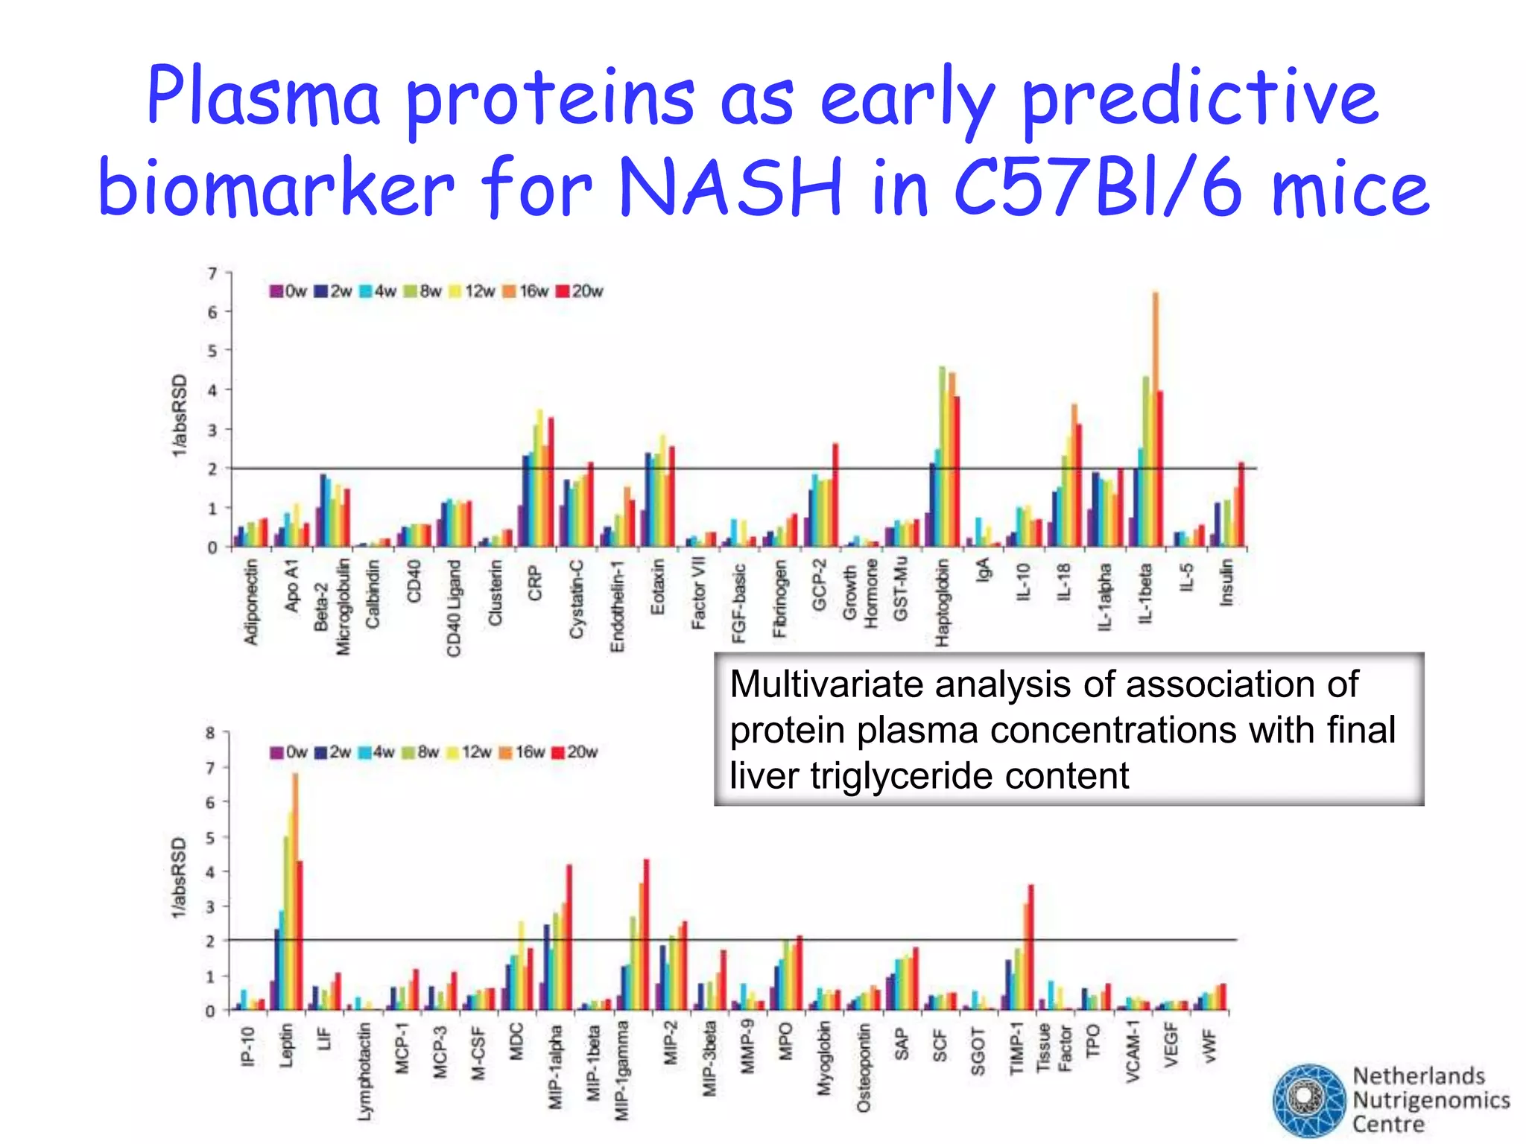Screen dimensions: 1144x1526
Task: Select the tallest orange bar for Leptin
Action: coord(295,857)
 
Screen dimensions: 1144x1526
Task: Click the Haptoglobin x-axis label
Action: coord(942,603)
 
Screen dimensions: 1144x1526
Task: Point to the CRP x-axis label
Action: coord(535,583)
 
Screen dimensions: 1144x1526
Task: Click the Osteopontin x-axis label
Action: coord(863,1068)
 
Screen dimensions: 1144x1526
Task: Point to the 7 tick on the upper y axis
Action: coord(213,273)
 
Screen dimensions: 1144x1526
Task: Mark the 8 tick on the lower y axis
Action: coord(210,733)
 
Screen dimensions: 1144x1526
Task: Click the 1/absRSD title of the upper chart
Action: coord(180,416)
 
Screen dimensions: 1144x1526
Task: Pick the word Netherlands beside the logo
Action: coord(1419,1076)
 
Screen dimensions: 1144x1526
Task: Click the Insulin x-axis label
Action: coord(1226,583)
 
